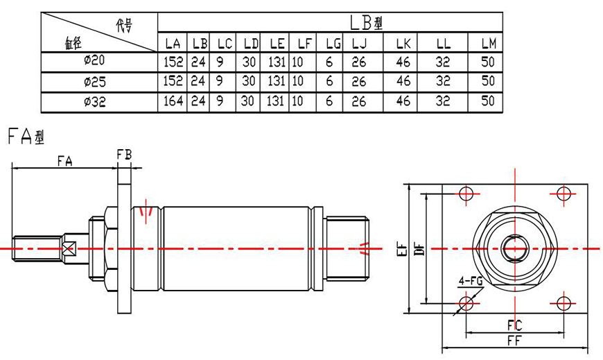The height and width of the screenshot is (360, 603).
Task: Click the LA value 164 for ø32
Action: (173, 101)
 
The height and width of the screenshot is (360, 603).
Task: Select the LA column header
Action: (173, 44)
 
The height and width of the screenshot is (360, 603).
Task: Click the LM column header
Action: (488, 44)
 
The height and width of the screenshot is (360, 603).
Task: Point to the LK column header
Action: (403, 44)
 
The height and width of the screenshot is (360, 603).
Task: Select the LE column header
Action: (275, 44)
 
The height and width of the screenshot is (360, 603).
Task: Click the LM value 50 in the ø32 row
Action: (488, 101)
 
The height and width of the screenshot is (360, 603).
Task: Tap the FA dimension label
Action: (65, 160)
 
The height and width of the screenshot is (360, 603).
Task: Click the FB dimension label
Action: (124, 154)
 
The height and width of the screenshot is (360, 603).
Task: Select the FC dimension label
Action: (514, 325)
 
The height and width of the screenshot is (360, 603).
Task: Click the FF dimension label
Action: (514, 341)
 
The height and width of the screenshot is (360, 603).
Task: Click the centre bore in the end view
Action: (514, 248)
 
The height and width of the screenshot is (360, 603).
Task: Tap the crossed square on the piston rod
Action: (68, 248)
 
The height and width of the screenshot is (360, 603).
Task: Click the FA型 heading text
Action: (26, 137)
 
